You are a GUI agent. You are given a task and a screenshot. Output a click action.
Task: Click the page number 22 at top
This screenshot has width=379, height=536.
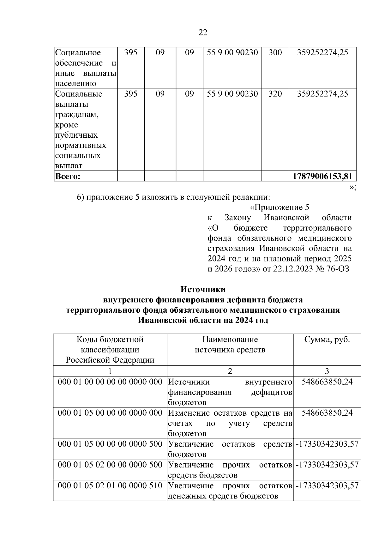(203, 32)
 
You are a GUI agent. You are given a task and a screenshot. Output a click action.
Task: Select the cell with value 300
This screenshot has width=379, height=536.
(275, 52)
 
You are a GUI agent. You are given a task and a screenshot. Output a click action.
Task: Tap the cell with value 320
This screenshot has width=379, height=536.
(275, 94)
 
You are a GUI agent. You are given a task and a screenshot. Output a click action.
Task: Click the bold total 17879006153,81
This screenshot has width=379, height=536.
(322, 176)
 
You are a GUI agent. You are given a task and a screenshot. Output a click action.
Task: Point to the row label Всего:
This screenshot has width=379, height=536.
(68, 176)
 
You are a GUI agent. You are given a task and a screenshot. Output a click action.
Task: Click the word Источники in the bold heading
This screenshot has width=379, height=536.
(203, 289)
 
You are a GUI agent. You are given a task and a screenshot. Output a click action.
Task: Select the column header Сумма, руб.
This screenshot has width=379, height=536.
(327, 340)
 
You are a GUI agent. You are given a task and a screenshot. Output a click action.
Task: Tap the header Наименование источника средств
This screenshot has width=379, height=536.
(230, 345)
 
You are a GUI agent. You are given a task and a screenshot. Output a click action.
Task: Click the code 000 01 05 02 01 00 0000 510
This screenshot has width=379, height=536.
(110, 485)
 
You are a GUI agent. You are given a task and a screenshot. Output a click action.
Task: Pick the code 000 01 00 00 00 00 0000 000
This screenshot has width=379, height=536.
(110, 382)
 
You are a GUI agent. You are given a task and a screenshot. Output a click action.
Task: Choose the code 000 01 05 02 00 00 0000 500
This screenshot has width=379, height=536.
(110, 465)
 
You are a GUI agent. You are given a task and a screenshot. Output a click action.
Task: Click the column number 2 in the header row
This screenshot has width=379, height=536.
(230, 371)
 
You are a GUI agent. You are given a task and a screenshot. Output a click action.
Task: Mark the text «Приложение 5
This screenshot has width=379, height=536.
(279, 208)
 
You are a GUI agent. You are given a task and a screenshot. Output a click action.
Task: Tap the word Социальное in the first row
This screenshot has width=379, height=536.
(78, 52)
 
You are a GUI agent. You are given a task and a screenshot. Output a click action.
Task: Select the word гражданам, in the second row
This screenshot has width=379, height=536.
(77, 114)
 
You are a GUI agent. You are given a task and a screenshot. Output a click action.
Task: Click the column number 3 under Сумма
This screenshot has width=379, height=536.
(327, 371)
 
